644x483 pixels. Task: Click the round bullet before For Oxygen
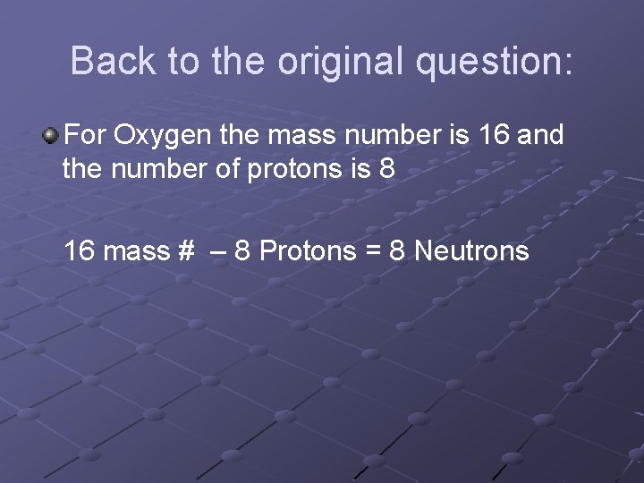click(x=50, y=136)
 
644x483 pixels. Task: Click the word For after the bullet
click(x=87, y=136)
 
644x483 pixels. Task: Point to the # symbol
click(x=186, y=251)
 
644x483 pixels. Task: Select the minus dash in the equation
click(x=217, y=251)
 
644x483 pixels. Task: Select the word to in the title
click(x=183, y=61)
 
